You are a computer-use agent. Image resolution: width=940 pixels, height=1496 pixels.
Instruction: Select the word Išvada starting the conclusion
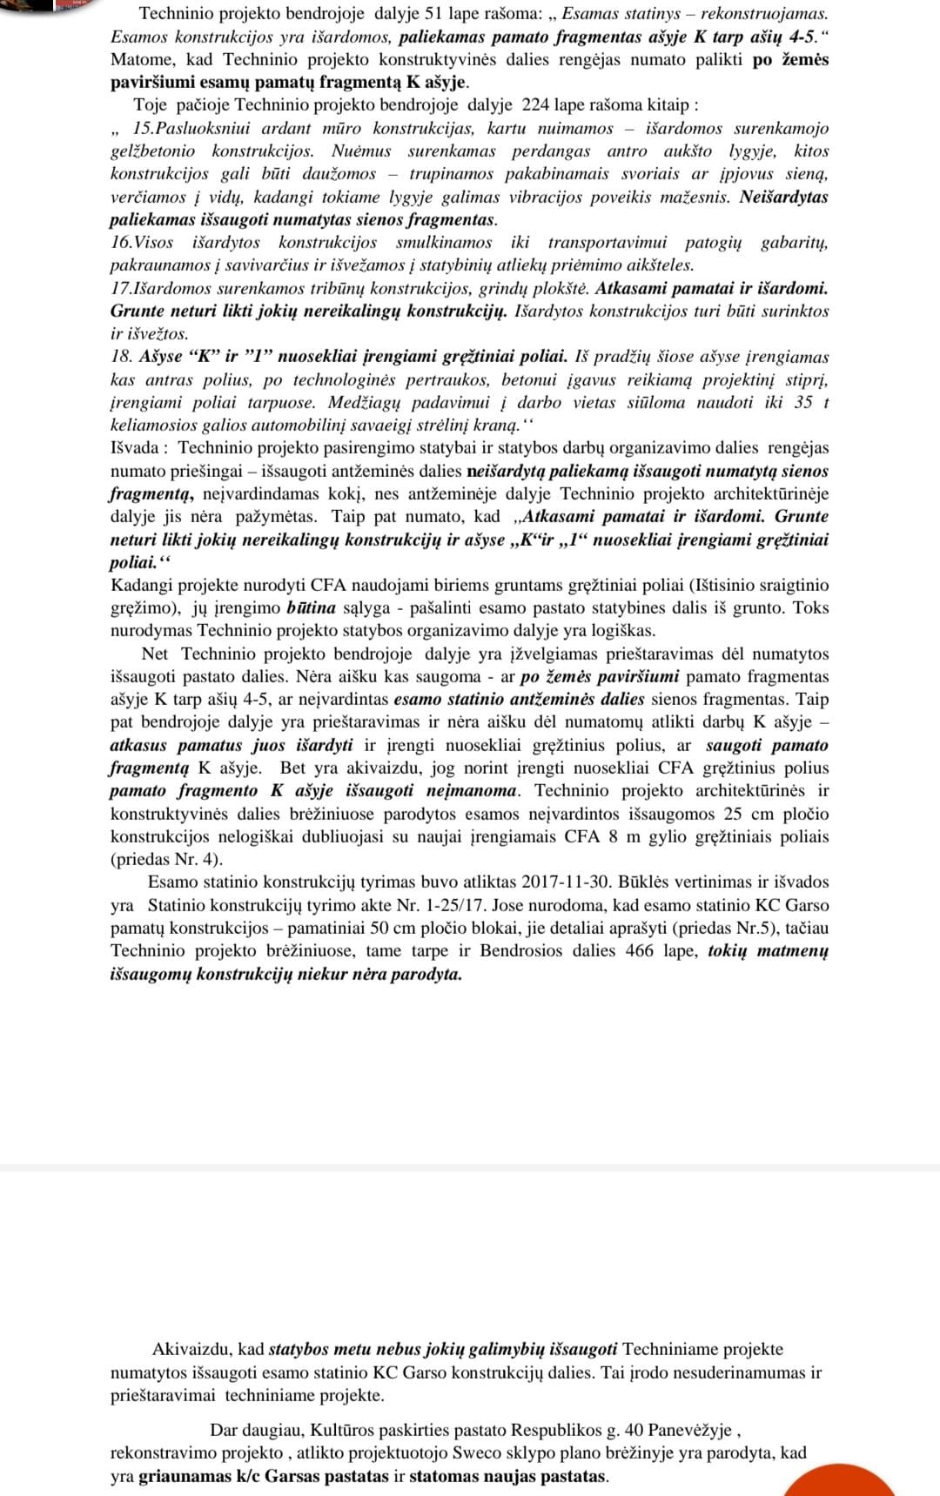tap(134, 448)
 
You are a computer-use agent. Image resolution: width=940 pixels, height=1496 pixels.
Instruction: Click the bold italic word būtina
tap(311, 608)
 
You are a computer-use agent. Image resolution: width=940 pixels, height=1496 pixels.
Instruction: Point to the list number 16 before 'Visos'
tap(120, 243)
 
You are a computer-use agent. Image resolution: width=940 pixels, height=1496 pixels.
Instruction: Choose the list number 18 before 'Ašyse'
tap(121, 357)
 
